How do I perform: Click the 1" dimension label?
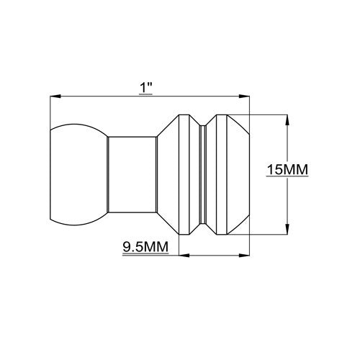pos(147,87)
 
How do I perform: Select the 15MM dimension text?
pos(287,170)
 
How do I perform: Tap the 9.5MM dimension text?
pos(145,247)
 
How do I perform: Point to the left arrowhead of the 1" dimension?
pos(53,96)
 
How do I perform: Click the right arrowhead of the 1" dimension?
pos(244,96)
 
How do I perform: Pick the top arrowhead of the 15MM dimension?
pos(288,118)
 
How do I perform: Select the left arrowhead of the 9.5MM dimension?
pos(181,254)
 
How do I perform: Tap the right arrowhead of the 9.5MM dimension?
pos(244,254)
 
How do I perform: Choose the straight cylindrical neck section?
pos(131,174)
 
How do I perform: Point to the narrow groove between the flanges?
pos(203,174)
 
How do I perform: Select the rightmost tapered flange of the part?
pos(229,174)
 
